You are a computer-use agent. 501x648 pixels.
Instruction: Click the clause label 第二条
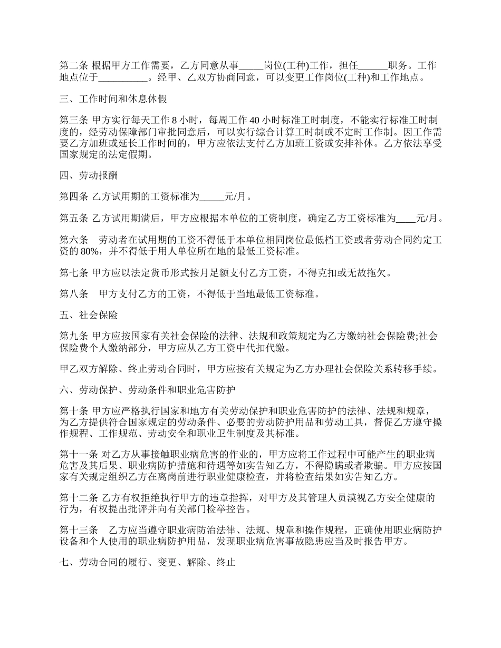tap(73, 66)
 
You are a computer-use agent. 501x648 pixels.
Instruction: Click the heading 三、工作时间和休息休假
tap(113, 99)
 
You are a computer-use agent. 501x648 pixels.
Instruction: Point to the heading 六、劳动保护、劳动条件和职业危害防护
tap(147, 390)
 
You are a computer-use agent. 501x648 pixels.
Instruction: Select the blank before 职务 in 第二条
tap(373, 66)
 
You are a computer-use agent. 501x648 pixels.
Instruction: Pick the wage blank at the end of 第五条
tap(406, 218)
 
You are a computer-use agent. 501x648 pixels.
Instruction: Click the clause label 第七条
tap(73, 272)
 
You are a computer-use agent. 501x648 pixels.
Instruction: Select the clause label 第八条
tap(73, 294)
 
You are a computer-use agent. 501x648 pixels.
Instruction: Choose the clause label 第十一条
tap(78, 454)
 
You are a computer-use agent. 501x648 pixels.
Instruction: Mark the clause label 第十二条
tap(78, 497)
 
